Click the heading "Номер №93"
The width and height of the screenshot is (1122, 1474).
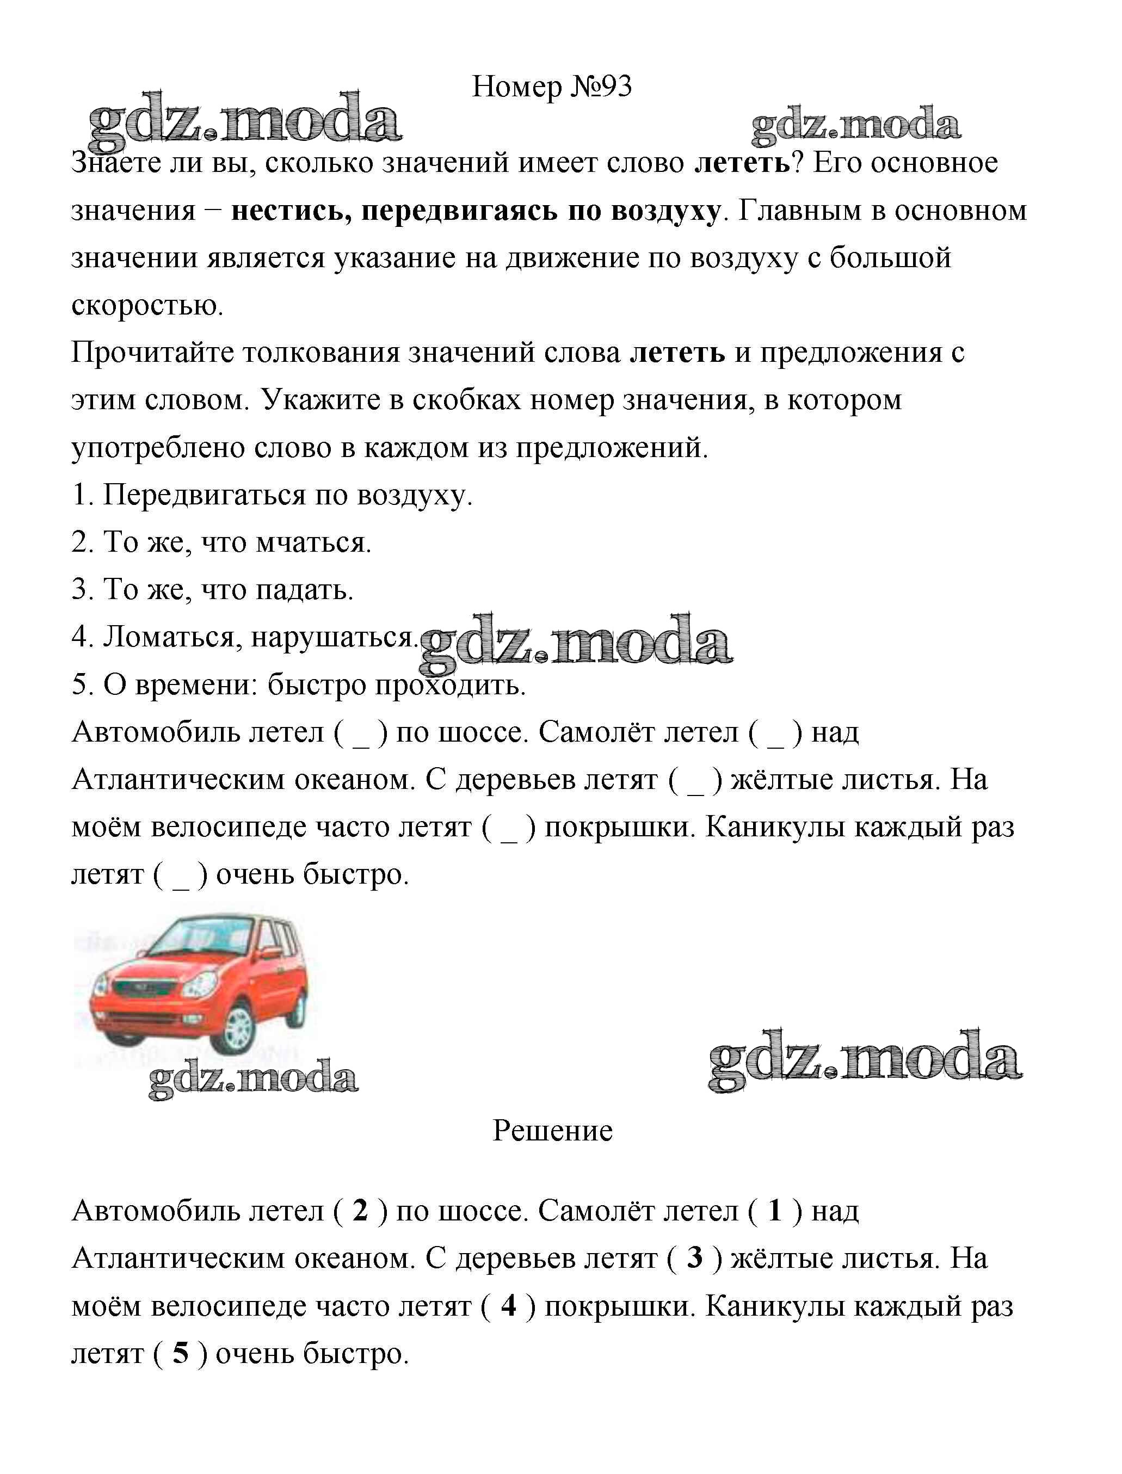point(551,87)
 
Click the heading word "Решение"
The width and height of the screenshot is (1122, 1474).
point(552,1131)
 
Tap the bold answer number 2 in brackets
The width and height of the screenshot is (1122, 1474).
point(360,1211)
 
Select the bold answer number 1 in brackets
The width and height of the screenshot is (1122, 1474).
point(775,1211)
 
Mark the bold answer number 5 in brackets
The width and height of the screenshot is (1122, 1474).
point(180,1353)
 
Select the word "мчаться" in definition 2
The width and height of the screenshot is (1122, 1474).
point(313,543)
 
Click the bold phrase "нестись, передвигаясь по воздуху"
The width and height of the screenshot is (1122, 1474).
point(476,211)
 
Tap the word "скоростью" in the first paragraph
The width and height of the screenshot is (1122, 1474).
point(147,306)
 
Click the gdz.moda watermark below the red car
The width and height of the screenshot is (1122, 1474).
point(253,1080)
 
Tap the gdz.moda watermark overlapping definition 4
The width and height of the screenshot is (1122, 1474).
point(576,641)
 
